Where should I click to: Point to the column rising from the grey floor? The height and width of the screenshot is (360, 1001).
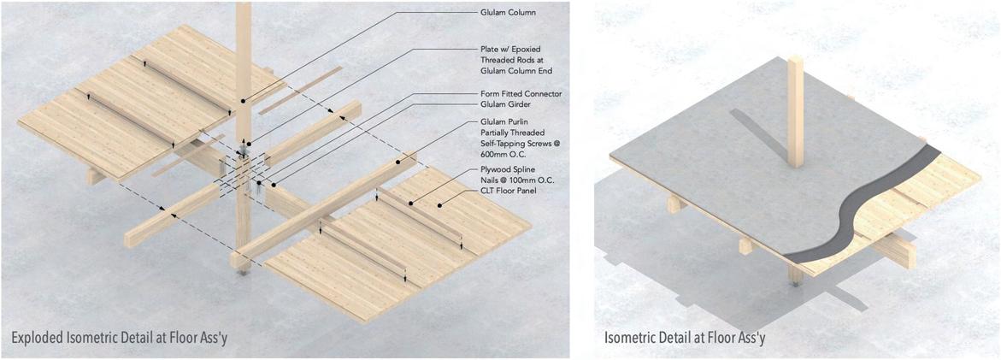(797, 111)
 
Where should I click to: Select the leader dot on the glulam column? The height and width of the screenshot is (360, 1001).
(242, 101)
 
